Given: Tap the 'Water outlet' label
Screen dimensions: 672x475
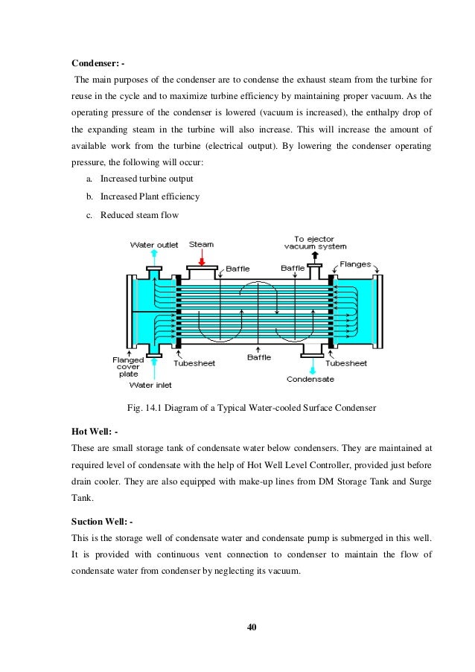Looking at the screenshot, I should (154, 244).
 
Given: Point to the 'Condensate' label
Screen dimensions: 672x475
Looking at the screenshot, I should (310, 379).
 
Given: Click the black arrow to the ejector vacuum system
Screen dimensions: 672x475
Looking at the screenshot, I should (315, 256).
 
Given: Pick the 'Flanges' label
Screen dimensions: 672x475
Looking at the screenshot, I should (357, 263).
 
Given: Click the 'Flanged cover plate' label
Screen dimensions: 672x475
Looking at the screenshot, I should (123, 367).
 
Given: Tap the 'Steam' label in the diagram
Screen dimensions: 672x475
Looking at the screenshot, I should (202, 243).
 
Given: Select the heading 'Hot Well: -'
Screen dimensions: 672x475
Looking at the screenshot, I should (95, 431).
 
